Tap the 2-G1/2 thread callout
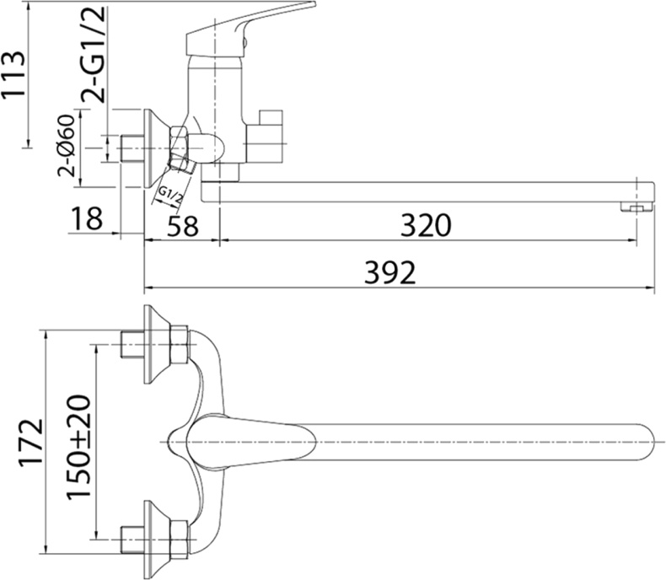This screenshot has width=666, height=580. click(94, 52)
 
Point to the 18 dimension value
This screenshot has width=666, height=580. click(86, 219)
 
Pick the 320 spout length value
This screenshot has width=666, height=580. click(427, 225)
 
